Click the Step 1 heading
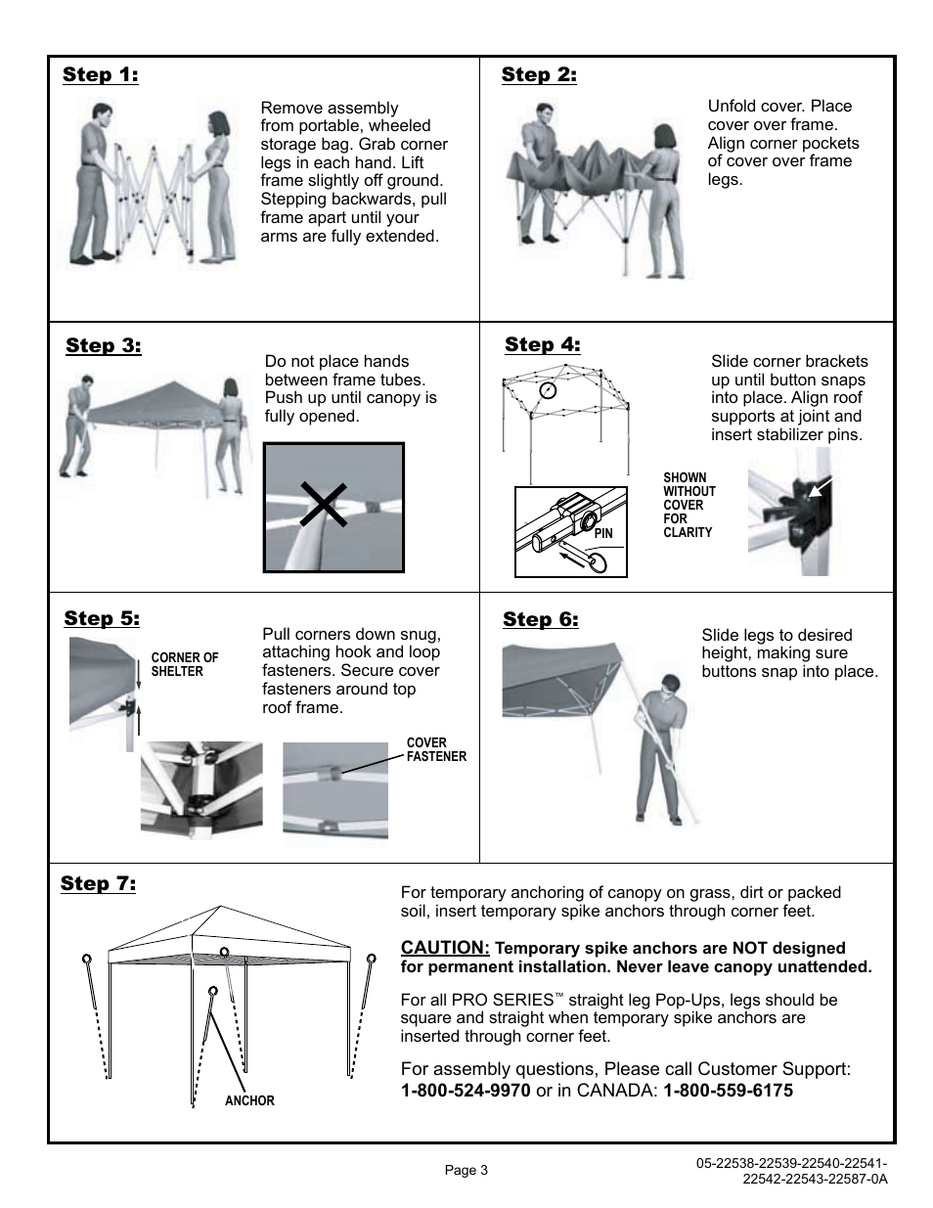(101, 75)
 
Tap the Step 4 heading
(543, 344)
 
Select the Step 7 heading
(98, 884)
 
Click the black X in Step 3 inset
(324, 505)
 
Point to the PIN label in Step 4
(603, 534)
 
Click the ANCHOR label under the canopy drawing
(249, 1101)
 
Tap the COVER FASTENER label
(436, 749)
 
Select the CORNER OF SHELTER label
(184, 664)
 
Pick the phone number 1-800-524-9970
(466, 1090)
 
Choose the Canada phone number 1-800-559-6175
(728, 1090)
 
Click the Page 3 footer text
(466, 1170)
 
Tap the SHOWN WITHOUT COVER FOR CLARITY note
(689, 506)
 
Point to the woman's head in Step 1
(218, 124)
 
